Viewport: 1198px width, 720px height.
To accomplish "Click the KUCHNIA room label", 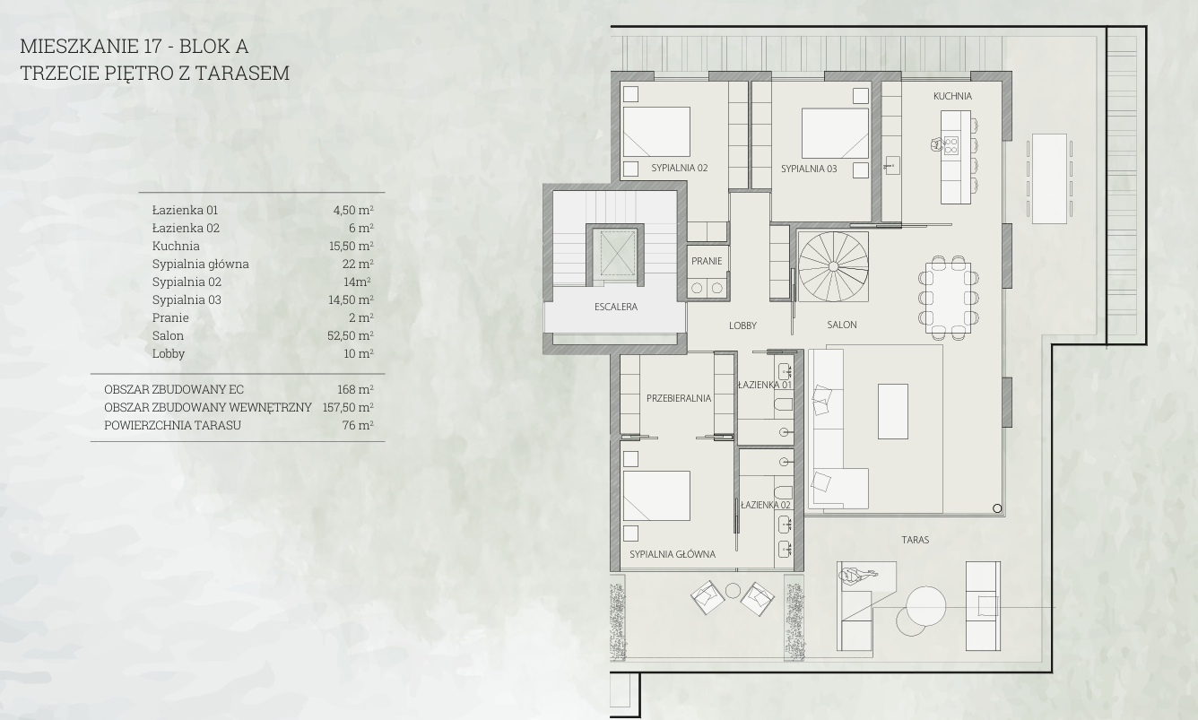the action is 952,96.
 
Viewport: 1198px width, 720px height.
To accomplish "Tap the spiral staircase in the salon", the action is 833,266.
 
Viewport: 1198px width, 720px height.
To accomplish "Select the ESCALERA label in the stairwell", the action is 615,307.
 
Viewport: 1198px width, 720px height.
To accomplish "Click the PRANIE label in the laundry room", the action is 707,261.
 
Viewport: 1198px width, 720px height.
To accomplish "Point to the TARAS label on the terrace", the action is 915,540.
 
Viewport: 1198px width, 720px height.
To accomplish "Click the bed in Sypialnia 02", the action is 656,132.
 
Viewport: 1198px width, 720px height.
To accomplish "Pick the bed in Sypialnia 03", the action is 835,134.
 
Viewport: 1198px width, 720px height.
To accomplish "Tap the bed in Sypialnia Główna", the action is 656,496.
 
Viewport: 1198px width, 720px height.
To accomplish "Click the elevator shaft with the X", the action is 618,253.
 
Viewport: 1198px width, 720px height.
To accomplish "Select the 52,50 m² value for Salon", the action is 351,335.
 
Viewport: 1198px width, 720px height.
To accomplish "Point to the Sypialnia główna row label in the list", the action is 201,264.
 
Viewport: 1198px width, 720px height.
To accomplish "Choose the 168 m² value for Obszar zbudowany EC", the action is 355,389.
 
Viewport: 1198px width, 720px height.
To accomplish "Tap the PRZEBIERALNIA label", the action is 679,398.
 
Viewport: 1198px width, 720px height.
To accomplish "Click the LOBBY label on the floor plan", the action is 742,325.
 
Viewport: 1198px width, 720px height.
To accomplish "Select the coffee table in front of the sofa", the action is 892,412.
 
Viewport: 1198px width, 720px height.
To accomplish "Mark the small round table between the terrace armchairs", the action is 733,591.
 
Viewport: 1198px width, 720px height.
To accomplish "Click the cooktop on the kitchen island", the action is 951,145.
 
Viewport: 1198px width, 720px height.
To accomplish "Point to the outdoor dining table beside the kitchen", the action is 1049,178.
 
